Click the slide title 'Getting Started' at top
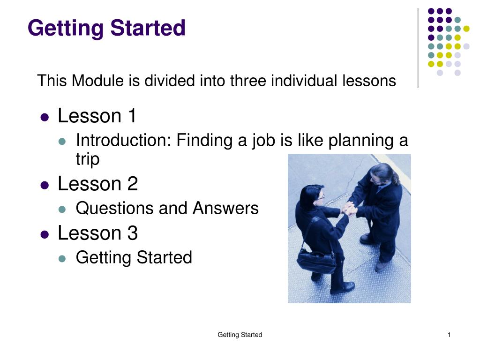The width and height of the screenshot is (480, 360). tap(106, 28)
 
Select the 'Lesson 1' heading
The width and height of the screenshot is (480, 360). tap(97, 116)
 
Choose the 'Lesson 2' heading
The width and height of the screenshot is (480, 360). tap(97, 184)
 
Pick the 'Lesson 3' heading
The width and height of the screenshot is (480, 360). tap(97, 233)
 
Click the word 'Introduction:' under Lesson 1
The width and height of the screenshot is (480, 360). tap(124, 140)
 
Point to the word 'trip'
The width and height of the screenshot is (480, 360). tap(88, 159)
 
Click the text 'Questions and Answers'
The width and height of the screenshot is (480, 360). tap(167, 208)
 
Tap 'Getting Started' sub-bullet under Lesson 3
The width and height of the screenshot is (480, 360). tap(134, 257)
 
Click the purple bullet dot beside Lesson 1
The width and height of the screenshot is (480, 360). tap(45, 117)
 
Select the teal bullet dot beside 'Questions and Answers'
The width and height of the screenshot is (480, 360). tap(62, 210)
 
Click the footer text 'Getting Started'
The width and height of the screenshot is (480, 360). tap(240, 335)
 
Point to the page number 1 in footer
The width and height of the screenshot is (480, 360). tap(449, 335)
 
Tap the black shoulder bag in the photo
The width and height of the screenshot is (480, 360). tap(316, 262)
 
